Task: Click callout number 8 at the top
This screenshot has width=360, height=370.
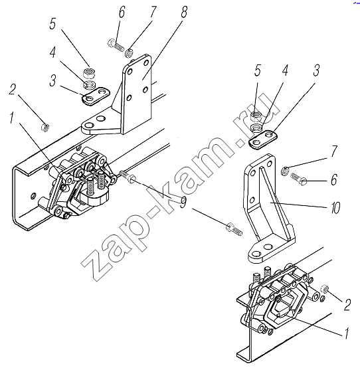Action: click(184, 12)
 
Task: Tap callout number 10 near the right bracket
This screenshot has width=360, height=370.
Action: click(335, 208)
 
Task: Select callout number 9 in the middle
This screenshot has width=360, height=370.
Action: click(183, 202)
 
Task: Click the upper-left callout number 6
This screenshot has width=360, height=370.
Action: click(122, 12)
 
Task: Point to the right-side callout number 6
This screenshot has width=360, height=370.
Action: click(334, 179)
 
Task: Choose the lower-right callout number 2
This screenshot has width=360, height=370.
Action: click(347, 304)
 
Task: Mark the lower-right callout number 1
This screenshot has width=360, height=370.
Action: click(346, 333)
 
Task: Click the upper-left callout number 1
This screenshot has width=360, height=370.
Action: click(12, 118)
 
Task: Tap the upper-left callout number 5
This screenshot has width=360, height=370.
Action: click(52, 24)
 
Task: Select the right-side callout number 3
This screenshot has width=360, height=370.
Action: click(316, 70)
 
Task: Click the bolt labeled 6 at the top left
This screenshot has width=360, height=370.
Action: click(116, 45)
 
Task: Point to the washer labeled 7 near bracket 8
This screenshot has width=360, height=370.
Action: click(129, 53)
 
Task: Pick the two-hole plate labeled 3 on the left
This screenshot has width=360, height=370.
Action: click(96, 96)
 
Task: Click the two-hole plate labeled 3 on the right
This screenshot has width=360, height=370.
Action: click(263, 139)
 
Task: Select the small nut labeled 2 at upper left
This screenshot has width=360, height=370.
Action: click(45, 128)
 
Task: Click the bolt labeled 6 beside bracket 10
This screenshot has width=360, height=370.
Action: click(299, 179)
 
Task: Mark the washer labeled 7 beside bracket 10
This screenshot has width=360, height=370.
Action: click(285, 171)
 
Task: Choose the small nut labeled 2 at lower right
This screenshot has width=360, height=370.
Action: click(325, 289)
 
